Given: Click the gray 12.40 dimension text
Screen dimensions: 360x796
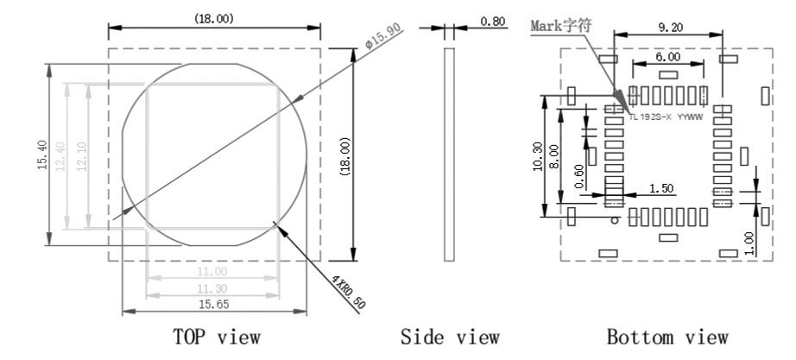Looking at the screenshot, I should pyautogui.click(x=61, y=157).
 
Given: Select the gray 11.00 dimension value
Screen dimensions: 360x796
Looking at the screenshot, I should pyautogui.click(x=213, y=272).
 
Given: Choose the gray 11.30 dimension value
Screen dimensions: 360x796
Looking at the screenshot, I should pyautogui.click(x=213, y=289).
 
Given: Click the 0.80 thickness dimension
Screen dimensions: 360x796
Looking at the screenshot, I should pyautogui.click(x=493, y=22).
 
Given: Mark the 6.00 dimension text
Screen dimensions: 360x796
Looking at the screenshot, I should pyautogui.click(x=668, y=56).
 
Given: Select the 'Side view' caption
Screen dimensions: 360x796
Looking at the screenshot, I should pyautogui.click(x=449, y=337).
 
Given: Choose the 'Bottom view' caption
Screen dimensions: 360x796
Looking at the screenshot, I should pyautogui.click(x=667, y=337).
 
